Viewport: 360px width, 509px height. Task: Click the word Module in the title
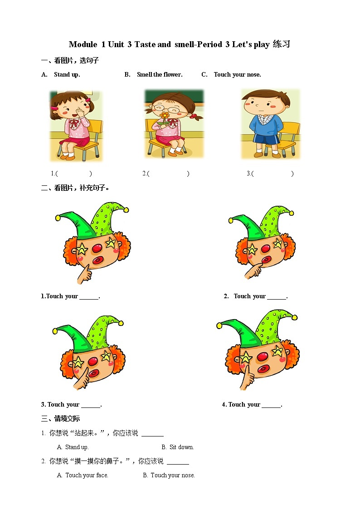83,44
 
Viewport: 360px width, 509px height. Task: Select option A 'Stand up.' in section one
67,75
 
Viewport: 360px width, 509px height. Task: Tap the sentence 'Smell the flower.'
160,75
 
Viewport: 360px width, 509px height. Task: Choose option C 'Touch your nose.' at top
237,75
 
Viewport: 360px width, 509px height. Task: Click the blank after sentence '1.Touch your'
89,297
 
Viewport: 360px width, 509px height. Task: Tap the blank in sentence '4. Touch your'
271,405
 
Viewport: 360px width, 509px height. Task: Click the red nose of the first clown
97,248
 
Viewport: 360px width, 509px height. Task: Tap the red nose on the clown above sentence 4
263,358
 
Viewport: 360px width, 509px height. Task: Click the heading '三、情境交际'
61,419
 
